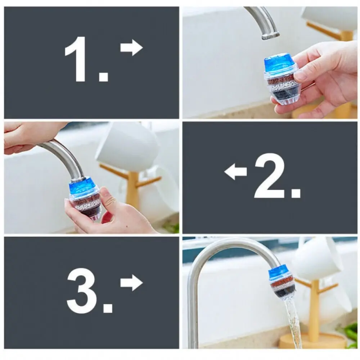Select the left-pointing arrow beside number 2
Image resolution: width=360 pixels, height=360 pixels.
tap(235, 171)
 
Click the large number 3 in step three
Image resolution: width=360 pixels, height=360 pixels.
tap(82, 291)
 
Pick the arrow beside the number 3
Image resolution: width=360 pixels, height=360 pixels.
tap(131, 283)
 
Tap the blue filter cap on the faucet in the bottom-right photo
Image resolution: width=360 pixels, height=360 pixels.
tap(279, 272)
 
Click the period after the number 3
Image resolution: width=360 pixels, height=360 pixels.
tap(107, 308)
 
